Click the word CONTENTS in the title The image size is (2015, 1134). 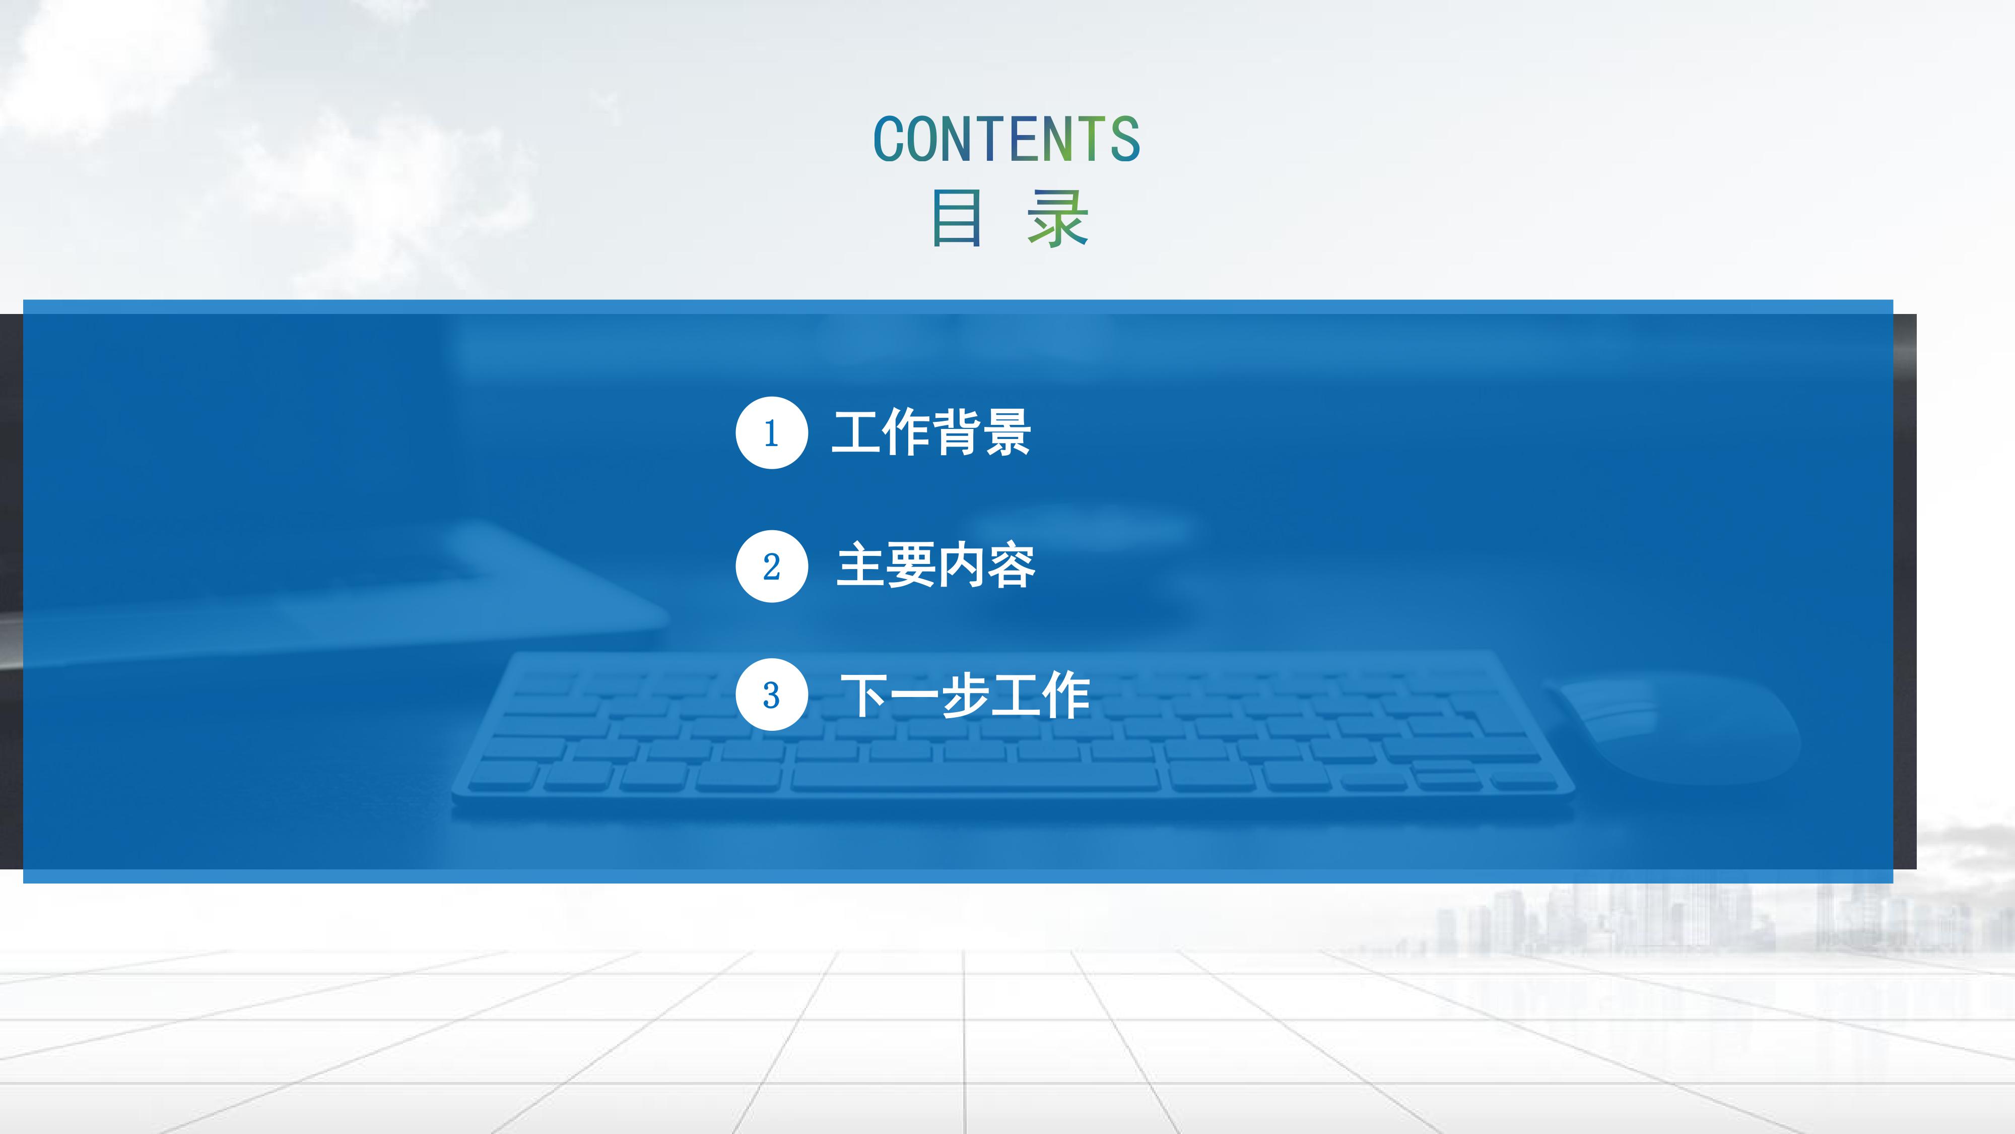[x=1006, y=139]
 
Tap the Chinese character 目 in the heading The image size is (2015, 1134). [x=956, y=218]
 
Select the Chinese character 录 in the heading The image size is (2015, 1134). [x=1057, y=218]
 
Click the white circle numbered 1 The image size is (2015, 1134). [x=771, y=433]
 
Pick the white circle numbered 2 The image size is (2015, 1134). [x=771, y=566]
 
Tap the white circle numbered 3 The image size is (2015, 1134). [x=771, y=695]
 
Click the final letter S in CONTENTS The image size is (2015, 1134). [x=1125, y=139]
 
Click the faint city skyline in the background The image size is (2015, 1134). [x=1682, y=916]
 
